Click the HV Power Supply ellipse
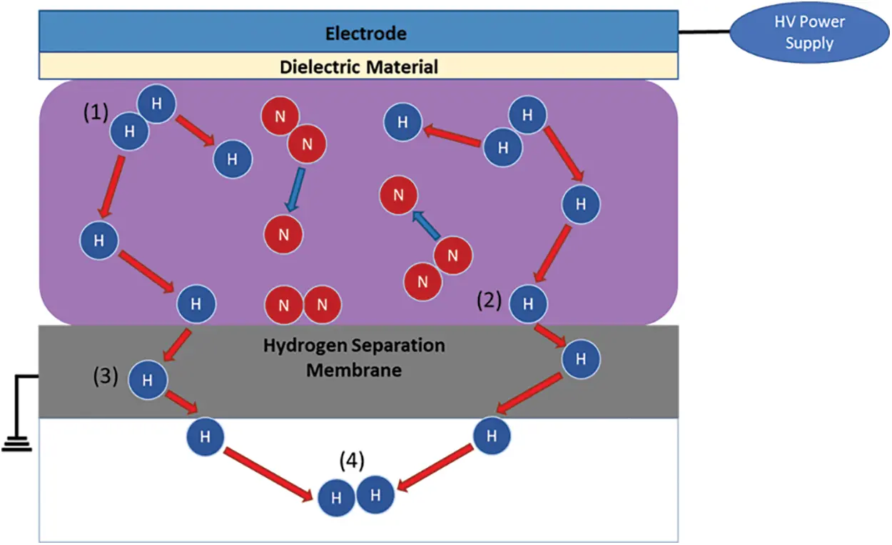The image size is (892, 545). click(809, 32)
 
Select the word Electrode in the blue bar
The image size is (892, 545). click(365, 33)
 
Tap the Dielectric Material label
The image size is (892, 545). click(358, 67)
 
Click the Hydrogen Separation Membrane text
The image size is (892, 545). click(354, 358)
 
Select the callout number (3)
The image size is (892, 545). click(106, 376)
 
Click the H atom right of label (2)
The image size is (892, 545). click(528, 303)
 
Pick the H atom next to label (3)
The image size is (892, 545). click(147, 380)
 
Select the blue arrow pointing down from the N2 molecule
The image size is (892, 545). click(295, 189)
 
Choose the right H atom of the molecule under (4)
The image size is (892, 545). click(375, 494)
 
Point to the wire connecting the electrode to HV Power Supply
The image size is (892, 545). click(704, 32)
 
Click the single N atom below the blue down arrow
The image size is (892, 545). click(283, 234)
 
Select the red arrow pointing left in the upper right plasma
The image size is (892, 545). click(452, 137)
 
